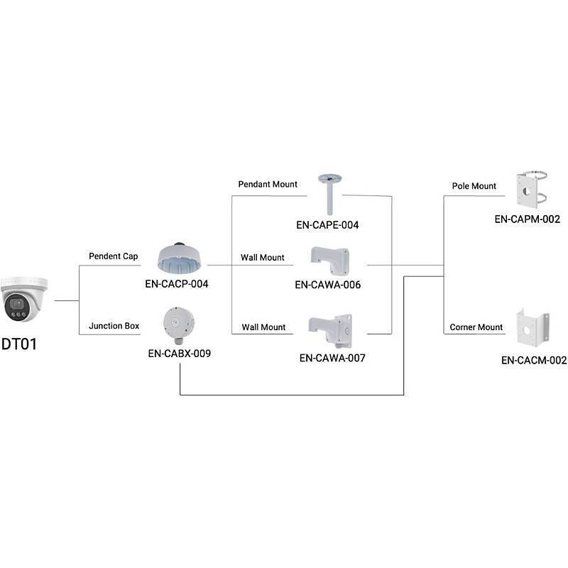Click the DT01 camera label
[x=18, y=345]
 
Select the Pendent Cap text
[x=113, y=256]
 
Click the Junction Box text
[x=114, y=327]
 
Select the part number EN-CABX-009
[x=179, y=352]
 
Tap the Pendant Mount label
[x=268, y=185]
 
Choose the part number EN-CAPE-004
[x=327, y=225]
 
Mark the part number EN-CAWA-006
[x=327, y=285]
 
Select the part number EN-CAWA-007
[x=332, y=358]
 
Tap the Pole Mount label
[x=474, y=186]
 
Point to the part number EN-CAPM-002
[x=528, y=219]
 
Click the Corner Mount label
[x=476, y=327]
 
